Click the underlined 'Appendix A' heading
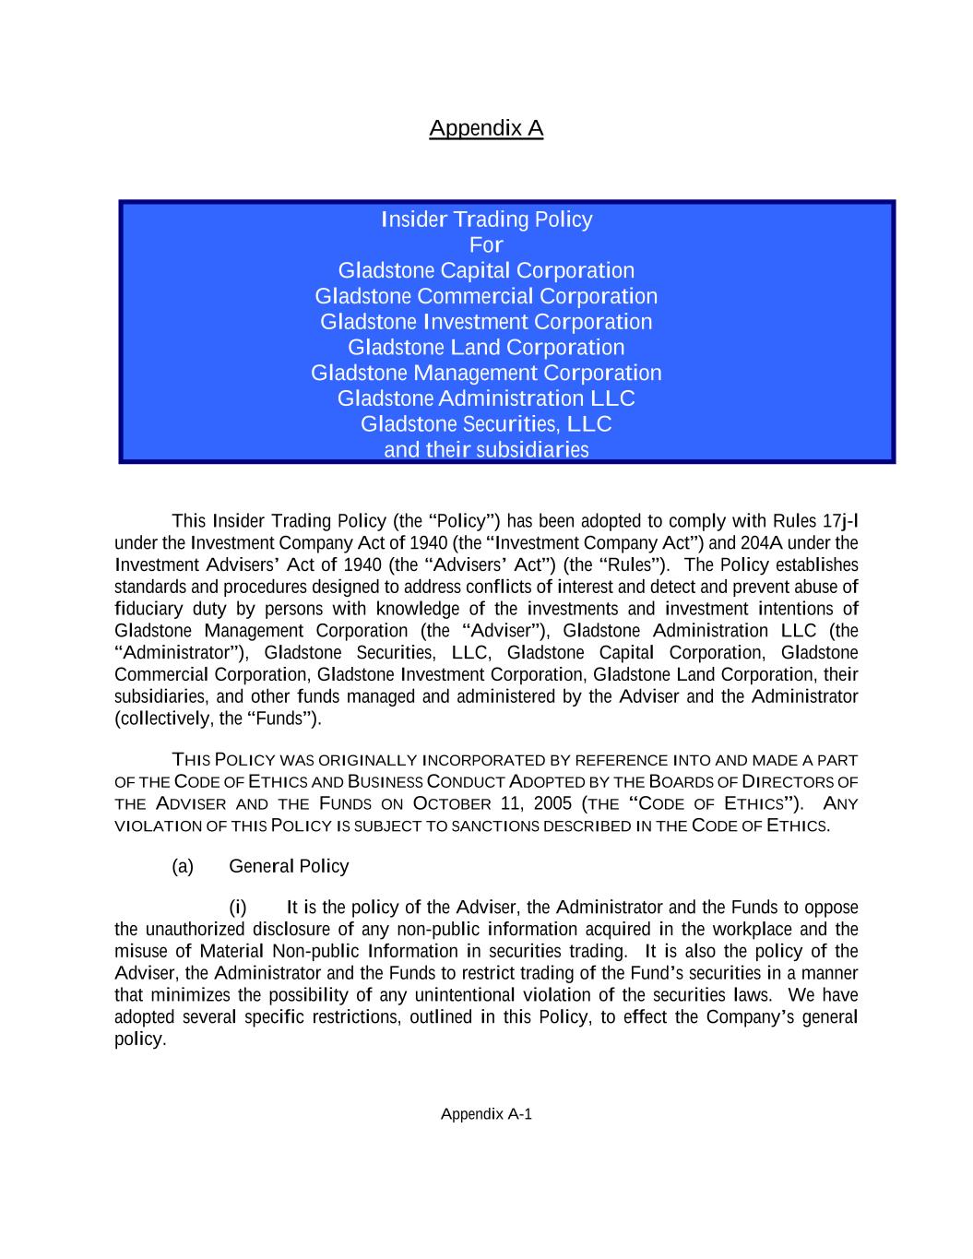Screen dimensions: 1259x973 tap(486, 127)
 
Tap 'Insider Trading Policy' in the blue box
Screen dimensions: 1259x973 tap(486, 220)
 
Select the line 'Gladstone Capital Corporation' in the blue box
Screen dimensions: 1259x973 tap(486, 270)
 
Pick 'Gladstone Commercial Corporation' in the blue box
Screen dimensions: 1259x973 tap(486, 296)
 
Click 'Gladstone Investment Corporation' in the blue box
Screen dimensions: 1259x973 tap(486, 322)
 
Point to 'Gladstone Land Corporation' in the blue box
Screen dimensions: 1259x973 tap(486, 348)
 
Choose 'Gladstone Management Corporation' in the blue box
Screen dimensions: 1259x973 tap(486, 373)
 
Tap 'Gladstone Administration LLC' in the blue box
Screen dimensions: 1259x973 tap(486, 398)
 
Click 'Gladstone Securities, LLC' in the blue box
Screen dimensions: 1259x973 tap(486, 424)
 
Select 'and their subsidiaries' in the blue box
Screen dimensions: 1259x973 tap(486, 450)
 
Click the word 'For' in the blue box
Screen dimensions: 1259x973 tap(486, 245)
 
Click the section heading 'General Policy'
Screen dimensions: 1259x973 tap(289, 866)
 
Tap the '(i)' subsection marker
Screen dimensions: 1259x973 tap(237, 908)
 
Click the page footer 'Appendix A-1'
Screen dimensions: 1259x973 tap(486, 1114)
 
